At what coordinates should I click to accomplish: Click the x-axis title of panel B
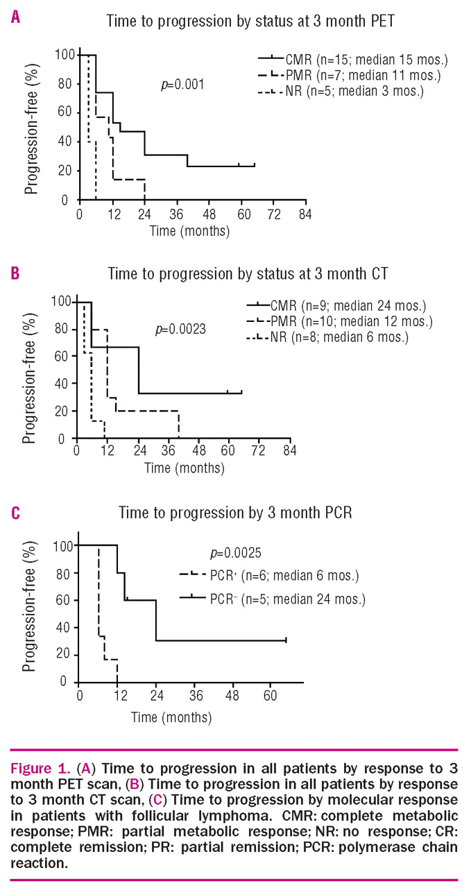click(x=184, y=468)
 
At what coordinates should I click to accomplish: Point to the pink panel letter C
click(x=15, y=514)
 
